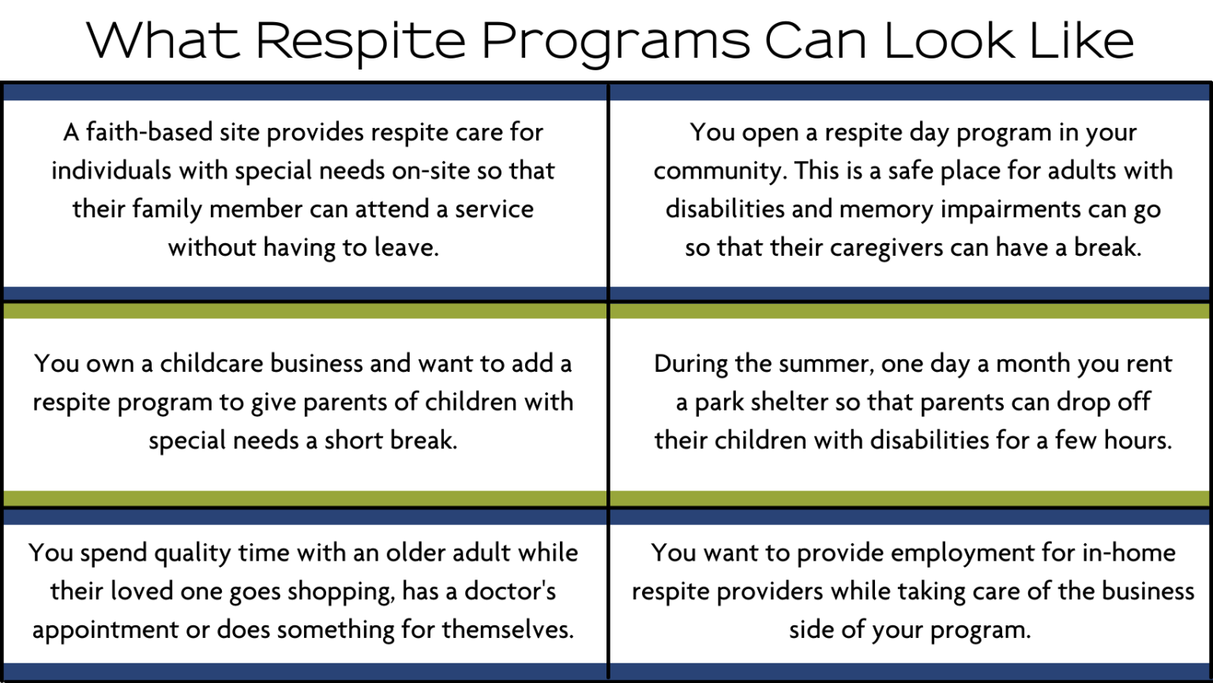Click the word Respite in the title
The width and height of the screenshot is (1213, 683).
[x=360, y=41]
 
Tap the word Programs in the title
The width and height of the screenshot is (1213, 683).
[x=615, y=41]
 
